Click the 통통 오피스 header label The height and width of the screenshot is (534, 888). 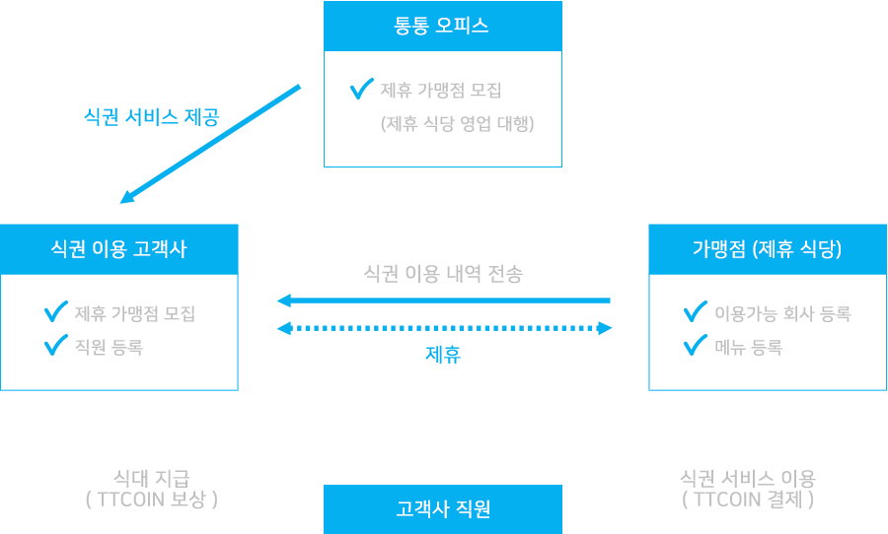(442, 27)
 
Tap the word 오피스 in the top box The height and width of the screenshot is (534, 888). (463, 27)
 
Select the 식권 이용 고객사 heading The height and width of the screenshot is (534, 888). (118, 249)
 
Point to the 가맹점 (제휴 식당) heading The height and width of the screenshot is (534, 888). (767, 249)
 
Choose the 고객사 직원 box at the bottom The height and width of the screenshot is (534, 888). (443, 508)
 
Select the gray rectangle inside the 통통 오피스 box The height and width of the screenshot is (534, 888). (458, 107)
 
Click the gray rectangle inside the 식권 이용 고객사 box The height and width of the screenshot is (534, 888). (134, 330)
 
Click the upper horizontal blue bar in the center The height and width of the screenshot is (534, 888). (443, 301)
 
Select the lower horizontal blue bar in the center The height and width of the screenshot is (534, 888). (444, 329)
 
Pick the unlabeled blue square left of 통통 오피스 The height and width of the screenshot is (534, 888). (210, 144)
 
